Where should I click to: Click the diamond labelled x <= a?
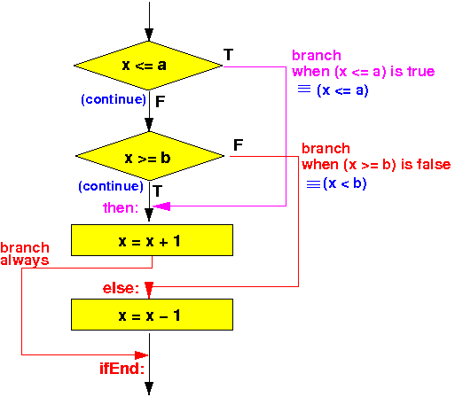point(148,66)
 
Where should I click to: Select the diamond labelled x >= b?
point(150,156)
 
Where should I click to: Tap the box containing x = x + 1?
point(152,240)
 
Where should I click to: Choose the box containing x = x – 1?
point(152,315)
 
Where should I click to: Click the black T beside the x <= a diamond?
point(229,55)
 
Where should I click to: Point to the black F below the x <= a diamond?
point(160,102)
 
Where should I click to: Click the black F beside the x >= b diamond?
point(239,145)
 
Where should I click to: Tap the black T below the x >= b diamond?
point(158,191)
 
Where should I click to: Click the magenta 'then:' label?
point(121,208)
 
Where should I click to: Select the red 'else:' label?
point(121,288)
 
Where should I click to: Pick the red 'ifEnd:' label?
point(122,369)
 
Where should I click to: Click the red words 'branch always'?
point(25,254)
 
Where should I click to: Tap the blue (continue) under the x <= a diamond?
point(114,99)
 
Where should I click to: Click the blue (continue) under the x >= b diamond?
point(111,186)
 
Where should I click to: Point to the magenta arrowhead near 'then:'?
point(161,206)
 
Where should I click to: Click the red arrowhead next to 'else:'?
point(149,290)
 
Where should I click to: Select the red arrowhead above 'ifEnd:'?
point(141,354)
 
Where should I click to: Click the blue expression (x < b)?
point(345,183)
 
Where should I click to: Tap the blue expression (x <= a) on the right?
point(342,90)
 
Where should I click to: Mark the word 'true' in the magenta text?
point(421,72)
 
